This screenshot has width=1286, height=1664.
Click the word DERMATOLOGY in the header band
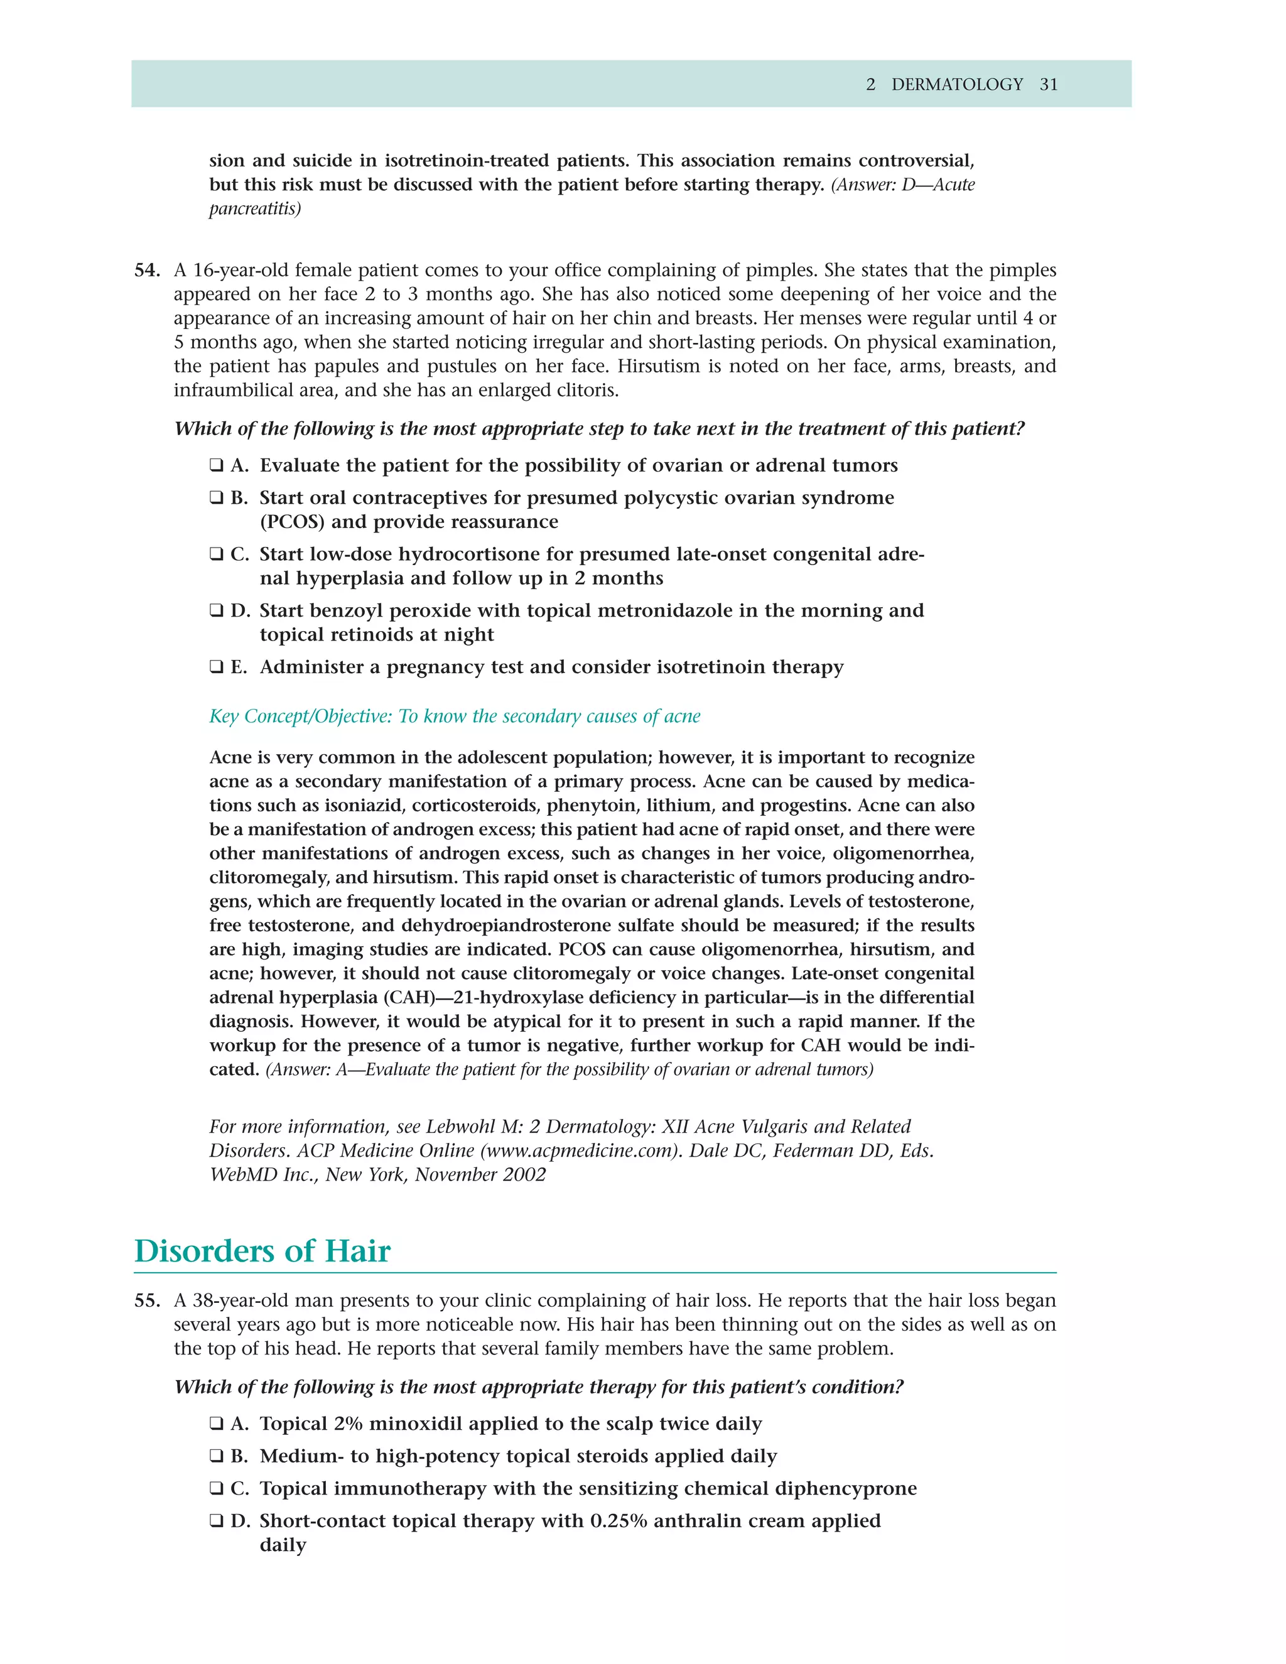pos(957,85)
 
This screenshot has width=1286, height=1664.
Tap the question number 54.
pos(147,271)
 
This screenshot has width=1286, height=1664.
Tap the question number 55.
pos(147,1300)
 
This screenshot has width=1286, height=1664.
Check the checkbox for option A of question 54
pos(217,465)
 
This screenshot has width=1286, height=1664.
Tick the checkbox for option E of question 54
pos(217,667)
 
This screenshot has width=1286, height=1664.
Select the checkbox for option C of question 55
pos(217,1488)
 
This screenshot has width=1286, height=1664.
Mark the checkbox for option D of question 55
pos(217,1521)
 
